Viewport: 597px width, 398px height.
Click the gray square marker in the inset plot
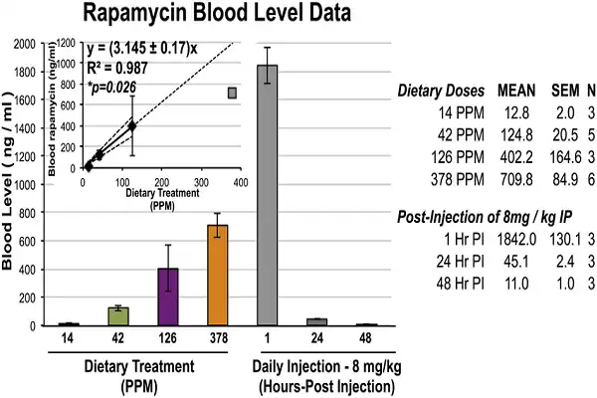[x=231, y=93]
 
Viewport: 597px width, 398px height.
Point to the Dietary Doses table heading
[x=440, y=91]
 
